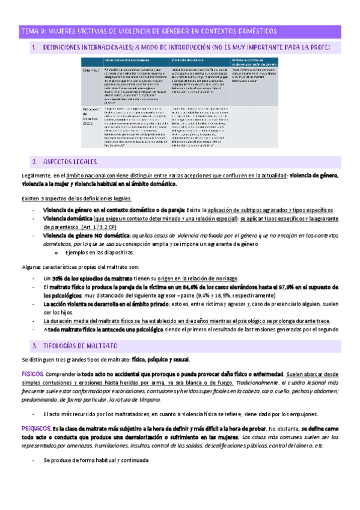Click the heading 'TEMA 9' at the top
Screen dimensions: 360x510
tap(36, 30)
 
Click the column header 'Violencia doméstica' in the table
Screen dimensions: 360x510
tap(188, 61)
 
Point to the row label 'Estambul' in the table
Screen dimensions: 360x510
tap(93, 71)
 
